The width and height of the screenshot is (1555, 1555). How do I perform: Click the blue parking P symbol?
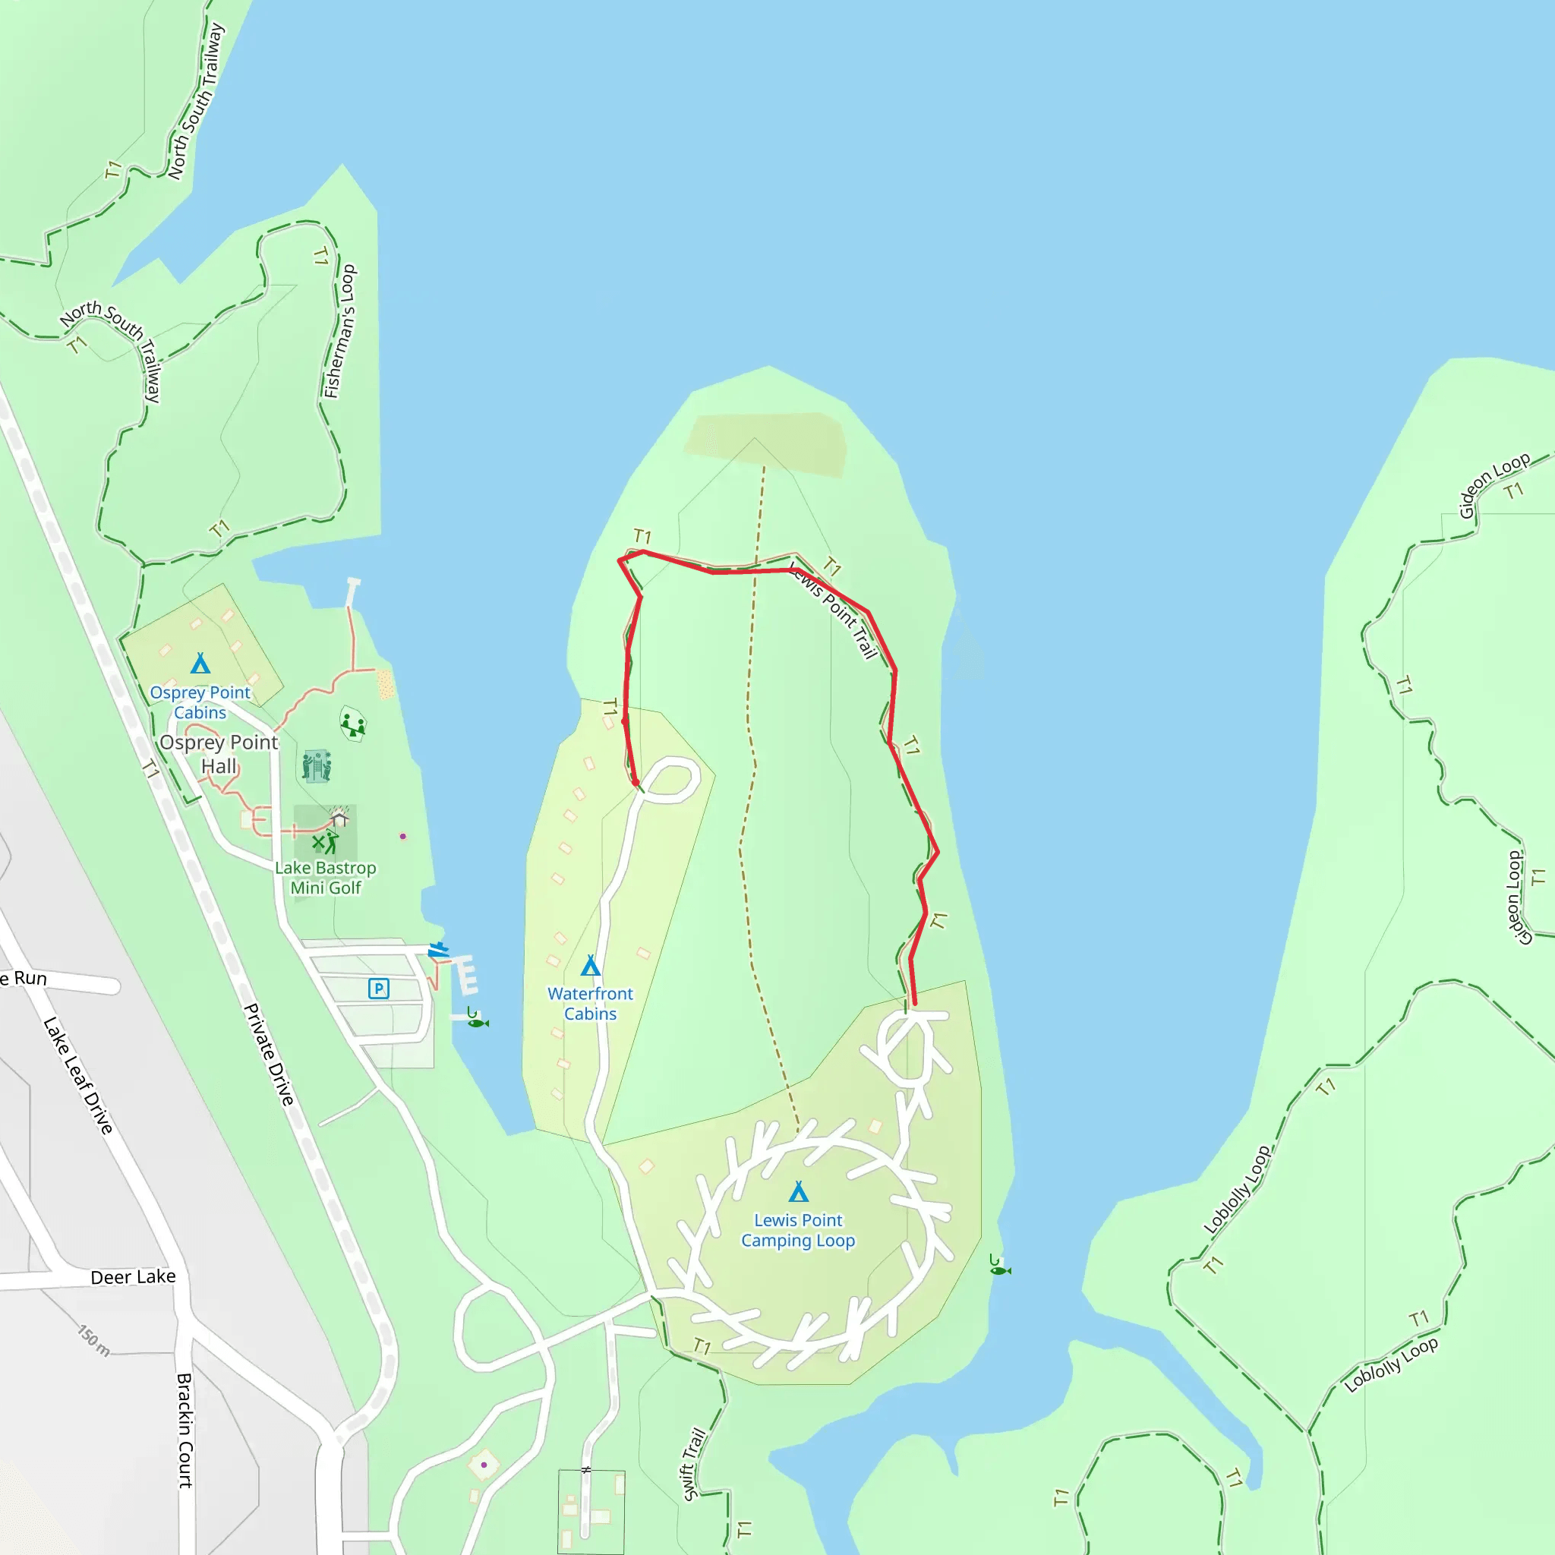point(378,989)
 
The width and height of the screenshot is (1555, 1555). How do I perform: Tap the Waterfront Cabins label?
point(590,1004)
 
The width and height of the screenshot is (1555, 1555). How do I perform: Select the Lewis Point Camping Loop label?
point(798,1231)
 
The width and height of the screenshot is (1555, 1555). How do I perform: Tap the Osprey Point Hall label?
point(219,754)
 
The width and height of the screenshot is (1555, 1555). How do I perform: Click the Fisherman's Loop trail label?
point(339,331)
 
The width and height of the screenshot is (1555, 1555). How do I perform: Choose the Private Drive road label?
point(270,1055)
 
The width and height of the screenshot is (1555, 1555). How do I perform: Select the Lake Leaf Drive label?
point(78,1075)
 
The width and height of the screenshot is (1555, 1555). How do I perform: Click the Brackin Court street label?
point(185,1430)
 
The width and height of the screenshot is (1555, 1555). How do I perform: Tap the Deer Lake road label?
point(133,1277)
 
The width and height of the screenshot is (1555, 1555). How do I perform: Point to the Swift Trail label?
point(694,1465)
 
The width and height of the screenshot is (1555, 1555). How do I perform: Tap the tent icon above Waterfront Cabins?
point(591,965)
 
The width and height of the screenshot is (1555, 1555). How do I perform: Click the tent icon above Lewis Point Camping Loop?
point(798,1191)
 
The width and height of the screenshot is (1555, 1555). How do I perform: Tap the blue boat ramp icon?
point(438,951)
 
